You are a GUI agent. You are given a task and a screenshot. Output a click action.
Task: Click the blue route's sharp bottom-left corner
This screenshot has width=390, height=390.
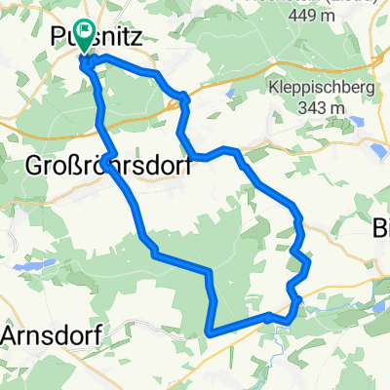[x=210, y=332]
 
